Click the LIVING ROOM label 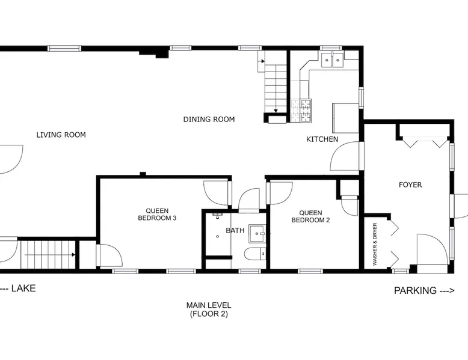tap(61, 135)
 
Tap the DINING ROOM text tap(209, 120)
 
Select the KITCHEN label tap(322, 139)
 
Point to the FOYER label tap(410, 185)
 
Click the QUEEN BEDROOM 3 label tap(157, 215)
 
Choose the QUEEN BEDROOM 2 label tap(311, 216)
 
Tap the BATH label tap(235, 230)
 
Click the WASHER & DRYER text tap(375, 244)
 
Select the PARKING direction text tap(424, 290)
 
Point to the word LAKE tap(23, 288)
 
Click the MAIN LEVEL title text tap(209, 305)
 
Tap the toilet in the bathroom tap(255, 254)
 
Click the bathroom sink tap(257, 234)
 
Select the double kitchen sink tap(333, 59)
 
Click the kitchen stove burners tap(301, 111)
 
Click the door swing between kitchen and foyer tap(345, 156)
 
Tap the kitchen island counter tap(346, 118)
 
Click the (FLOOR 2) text tap(209, 314)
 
